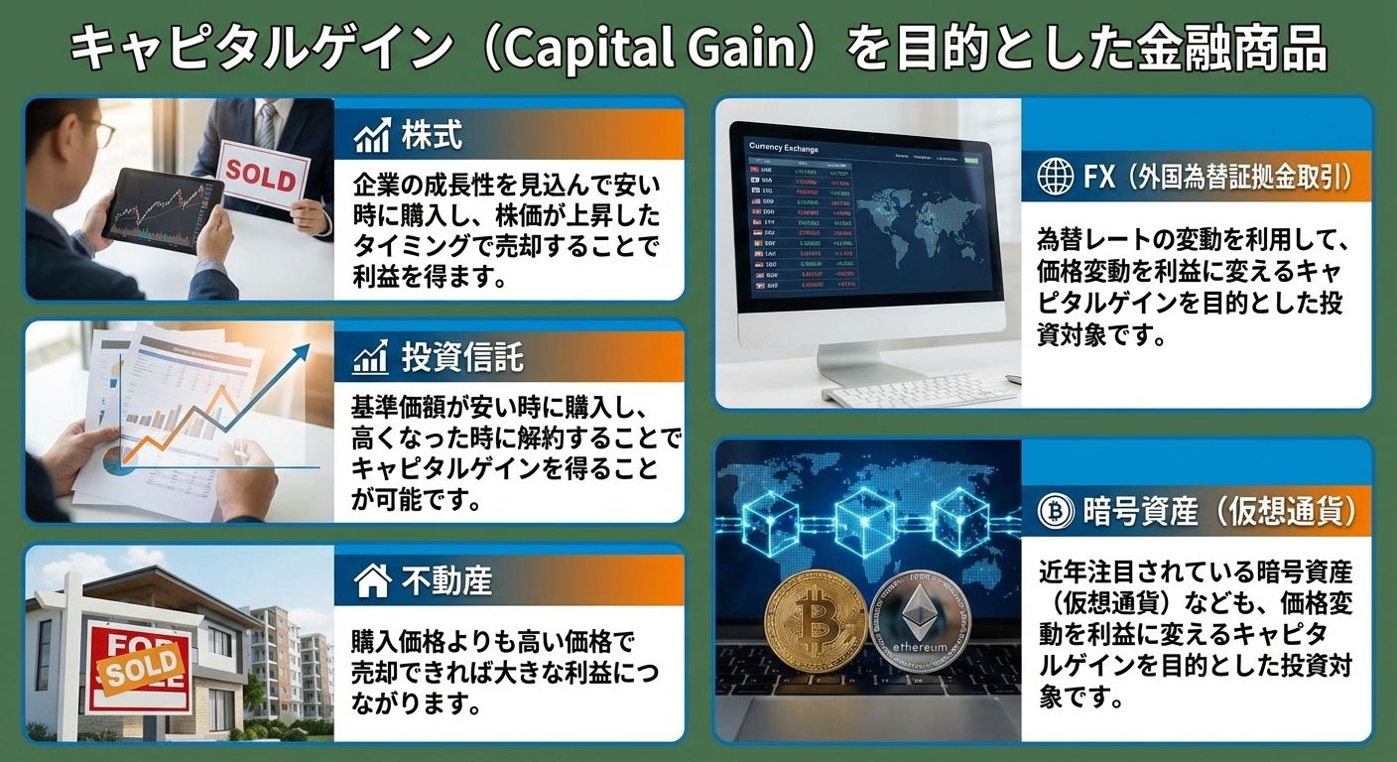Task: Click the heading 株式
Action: (432, 135)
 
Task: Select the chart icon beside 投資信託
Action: (371, 358)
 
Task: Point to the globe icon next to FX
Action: (1055, 178)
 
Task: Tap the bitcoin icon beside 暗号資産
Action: (1055, 512)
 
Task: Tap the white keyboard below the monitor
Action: (918, 394)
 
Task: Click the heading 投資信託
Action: (462, 358)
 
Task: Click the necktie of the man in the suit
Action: (266, 124)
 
